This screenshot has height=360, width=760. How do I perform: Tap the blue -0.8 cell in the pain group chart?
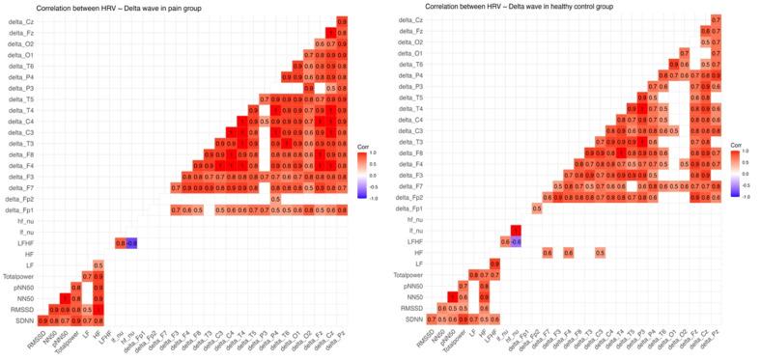click(x=131, y=242)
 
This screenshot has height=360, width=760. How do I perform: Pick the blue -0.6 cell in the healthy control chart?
click(x=516, y=241)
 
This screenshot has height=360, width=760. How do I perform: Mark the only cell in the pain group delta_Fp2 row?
click(x=276, y=198)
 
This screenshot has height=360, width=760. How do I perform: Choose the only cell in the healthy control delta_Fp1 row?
click(x=536, y=208)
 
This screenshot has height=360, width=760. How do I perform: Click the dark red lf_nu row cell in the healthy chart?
click(x=516, y=231)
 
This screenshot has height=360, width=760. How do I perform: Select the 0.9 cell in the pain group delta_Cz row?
click(x=343, y=20)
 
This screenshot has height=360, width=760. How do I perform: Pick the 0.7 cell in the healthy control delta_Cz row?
click(x=716, y=19)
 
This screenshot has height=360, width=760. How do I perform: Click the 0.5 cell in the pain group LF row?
click(x=99, y=264)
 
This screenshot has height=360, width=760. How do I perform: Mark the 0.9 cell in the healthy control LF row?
click(x=494, y=263)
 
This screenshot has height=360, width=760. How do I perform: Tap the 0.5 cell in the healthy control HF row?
click(x=600, y=253)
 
